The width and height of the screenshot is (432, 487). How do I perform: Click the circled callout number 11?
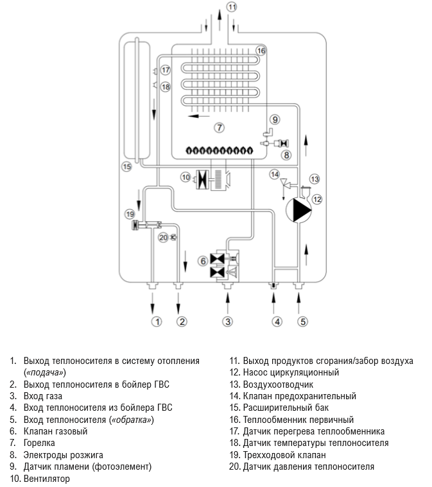point(232,7)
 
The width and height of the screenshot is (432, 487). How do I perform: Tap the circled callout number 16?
point(261,50)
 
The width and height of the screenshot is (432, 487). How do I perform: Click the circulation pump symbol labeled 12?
point(297,210)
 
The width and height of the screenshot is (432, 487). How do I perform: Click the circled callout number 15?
point(126,167)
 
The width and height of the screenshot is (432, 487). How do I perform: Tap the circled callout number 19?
point(131,213)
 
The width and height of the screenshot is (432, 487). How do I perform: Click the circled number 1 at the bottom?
point(155,320)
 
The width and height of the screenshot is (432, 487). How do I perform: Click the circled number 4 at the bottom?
point(277,320)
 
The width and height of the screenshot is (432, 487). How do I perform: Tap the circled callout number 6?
point(203,261)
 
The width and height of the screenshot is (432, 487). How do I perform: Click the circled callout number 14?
point(274,174)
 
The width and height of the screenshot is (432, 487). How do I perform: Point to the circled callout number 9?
point(275,119)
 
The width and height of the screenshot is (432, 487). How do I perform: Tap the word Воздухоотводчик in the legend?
point(277,384)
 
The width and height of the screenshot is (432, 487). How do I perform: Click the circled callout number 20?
point(162,237)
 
